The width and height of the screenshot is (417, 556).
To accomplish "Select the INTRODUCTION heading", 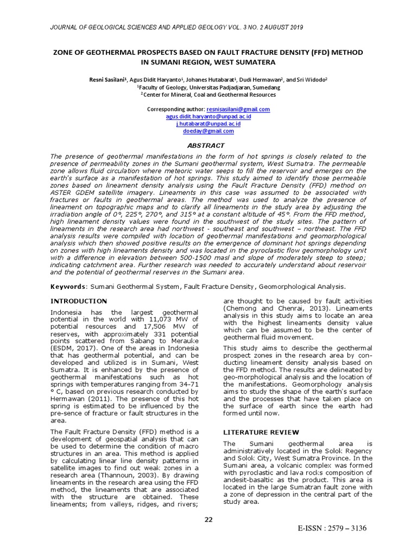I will (x=79, y=301).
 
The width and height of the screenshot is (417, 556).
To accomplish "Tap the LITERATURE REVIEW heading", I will (x=261, y=432).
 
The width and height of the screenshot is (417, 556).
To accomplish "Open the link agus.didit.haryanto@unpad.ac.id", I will (x=208, y=116).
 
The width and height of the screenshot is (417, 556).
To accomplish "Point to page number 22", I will (x=208, y=520).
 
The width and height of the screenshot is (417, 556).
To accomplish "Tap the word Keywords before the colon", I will (x=68, y=286).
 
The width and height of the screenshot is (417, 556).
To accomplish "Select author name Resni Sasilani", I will (x=108, y=79).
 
